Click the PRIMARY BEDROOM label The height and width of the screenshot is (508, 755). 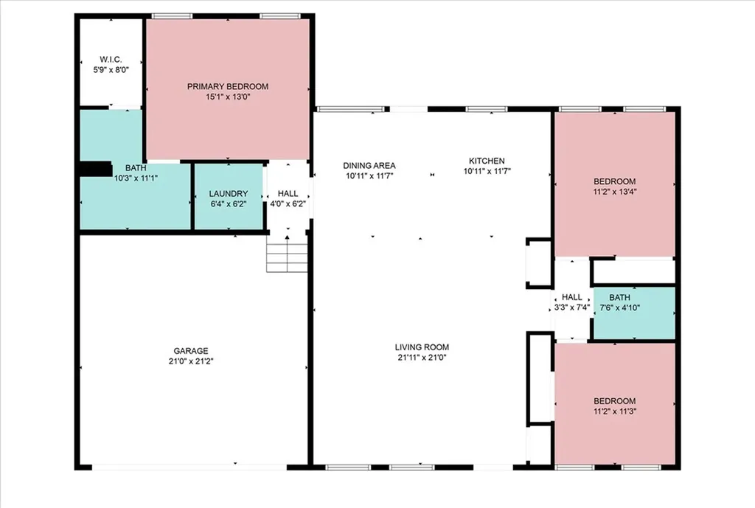point(228,87)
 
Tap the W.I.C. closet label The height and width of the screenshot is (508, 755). point(111,60)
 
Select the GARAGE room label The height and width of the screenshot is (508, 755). point(191,351)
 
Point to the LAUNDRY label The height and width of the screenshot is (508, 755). point(229,194)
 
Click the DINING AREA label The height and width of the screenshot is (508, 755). point(369,166)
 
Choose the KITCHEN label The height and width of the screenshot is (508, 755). point(487,161)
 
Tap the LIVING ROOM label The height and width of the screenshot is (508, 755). point(422,347)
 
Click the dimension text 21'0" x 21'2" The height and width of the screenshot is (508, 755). point(191,361)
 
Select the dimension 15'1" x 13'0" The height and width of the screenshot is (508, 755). point(228,97)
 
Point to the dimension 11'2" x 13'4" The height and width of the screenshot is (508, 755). point(614,192)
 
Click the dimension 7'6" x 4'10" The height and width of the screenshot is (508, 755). point(619,307)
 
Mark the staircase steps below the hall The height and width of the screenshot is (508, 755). point(287,257)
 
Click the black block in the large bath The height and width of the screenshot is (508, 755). point(96,169)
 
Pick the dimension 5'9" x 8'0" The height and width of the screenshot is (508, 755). point(111,70)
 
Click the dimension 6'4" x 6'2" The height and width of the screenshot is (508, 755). point(229,203)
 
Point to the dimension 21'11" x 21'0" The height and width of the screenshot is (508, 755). point(422,358)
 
